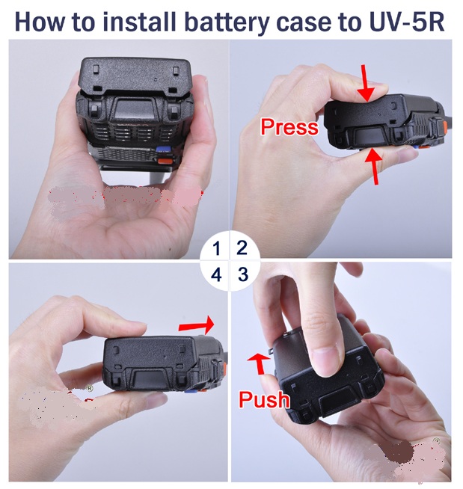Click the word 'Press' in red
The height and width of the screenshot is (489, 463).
click(289, 127)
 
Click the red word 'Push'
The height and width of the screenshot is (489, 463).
click(264, 399)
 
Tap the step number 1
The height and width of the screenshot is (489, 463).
click(216, 248)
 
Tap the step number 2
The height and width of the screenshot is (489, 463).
click(242, 248)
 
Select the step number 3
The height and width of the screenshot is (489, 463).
click(243, 274)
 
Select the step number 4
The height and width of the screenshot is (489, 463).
click(216, 274)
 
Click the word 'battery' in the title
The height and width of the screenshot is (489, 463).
click(226, 22)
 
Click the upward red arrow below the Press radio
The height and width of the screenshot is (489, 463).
click(375, 166)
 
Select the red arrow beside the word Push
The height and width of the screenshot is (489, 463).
click(260, 363)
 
